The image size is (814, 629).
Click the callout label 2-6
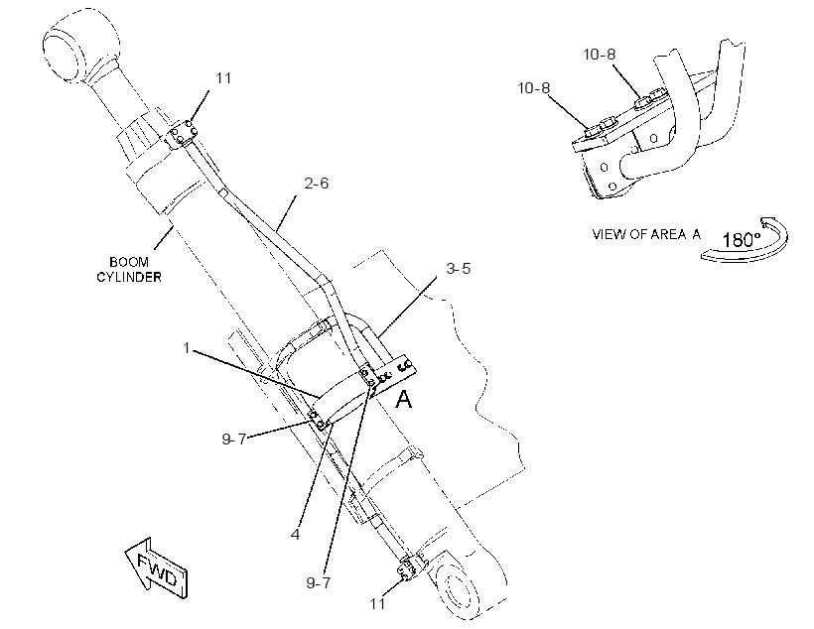coord(316,184)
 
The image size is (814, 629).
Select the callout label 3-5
coord(459,268)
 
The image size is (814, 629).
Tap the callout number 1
coord(187,348)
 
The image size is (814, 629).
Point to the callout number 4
coord(296,534)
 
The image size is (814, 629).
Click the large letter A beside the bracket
coord(404,400)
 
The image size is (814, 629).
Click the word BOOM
coord(129,262)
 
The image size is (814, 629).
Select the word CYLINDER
coord(129,277)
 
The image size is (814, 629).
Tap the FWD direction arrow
coord(156,568)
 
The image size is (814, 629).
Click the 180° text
coord(742,240)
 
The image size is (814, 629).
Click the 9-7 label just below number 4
coord(319,582)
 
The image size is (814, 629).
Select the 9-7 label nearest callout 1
coord(234,440)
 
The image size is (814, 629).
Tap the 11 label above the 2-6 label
coord(223,78)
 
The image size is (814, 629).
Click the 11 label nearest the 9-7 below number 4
coord(378,603)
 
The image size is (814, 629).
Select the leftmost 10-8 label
coord(534,88)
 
